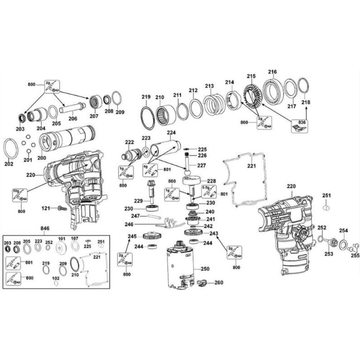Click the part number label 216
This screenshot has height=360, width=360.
pos(273,72)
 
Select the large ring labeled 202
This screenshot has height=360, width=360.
pos(11,149)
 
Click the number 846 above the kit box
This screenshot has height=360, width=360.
pos(45,229)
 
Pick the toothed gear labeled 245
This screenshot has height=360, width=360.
pos(151,236)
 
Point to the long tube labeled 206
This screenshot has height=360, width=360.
pos(73,108)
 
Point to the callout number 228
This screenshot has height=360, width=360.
pos(211,181)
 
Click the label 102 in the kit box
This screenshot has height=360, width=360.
pos(56,278)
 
